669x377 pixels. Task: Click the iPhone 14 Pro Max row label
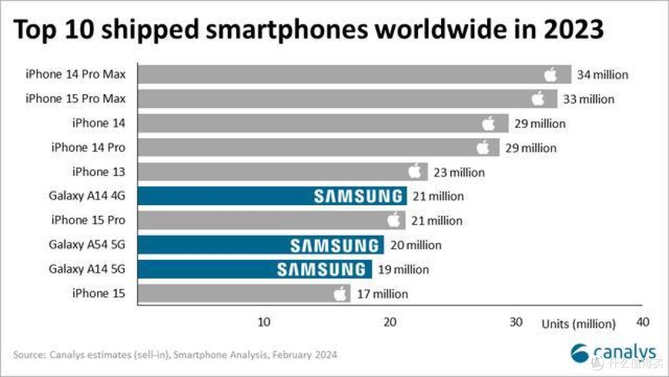pyautogui.click(x=75, y=74)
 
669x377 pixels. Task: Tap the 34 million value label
pyautogui.click(x=602, y=75)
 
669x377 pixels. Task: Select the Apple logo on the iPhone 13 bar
pyautogui.click(x=414, y=172)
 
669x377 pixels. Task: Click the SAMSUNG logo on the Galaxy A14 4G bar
pyautogui.click(x=358, y=197)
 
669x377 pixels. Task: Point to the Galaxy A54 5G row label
pyautogui.click(x=87, y=245)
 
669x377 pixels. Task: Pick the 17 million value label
pyautogui.click(x=382, y=294)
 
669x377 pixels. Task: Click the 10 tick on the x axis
pyautogui.click(x=263, y=322)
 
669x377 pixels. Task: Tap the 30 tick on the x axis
pyautogui.click(x=516, y=322)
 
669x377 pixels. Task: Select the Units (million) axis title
pyautogui.click(x=579, y=324)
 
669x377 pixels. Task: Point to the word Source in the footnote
pyautogui.click(x=29, y=355)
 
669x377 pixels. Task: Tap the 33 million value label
pyautogui.click(x=588, y=99)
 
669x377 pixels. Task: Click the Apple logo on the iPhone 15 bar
pyautogui.click(x=340, y=293)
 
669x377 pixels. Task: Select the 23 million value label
pyautogui.click(x=458, y=172)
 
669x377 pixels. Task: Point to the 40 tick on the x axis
pyautogui.click(x=642, y=322)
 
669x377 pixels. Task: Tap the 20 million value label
pyautogui.click(x=416, y=245)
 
